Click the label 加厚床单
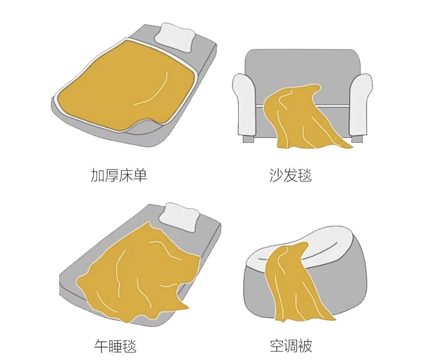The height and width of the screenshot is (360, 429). tap(119, 175)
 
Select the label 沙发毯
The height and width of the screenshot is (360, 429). tap(291, 175)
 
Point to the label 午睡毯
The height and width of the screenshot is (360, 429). tap(115, 346)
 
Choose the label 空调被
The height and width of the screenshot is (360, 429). tap(291, 346)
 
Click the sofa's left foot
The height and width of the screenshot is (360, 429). tap(248, 139)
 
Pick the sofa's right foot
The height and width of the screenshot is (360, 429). tap(355, 139)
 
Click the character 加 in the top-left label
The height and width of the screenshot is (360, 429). tap(97, 175)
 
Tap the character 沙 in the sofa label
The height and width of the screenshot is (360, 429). tap(276, 175)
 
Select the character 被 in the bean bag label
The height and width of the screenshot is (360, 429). tap(305, 346)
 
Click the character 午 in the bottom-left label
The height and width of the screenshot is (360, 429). tap(101, 346)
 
